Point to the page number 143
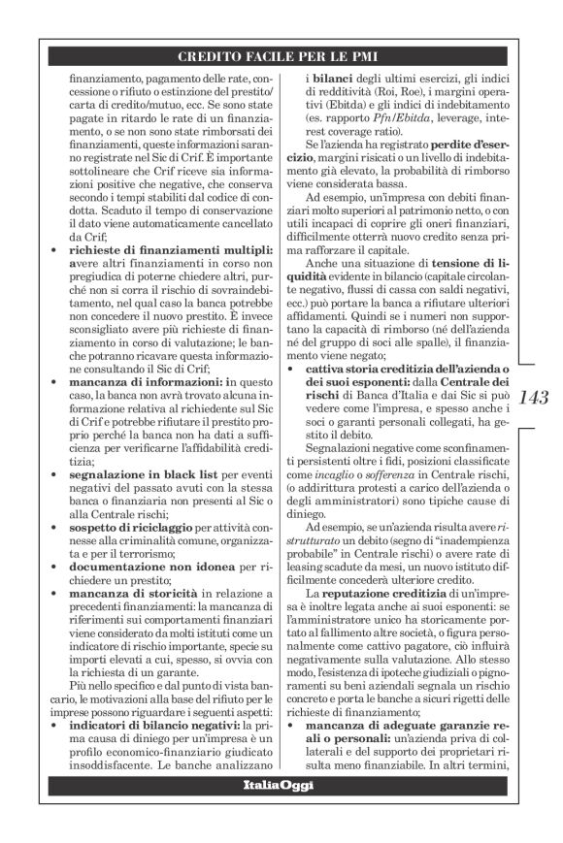534,397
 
